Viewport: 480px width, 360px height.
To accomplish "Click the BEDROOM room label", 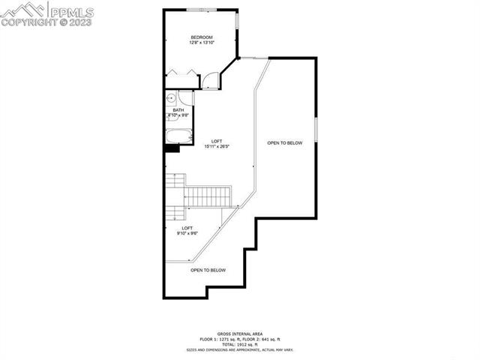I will coord(202,37).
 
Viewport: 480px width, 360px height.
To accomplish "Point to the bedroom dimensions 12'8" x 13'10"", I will coord(202,43).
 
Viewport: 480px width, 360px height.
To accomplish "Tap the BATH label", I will coord(178,110).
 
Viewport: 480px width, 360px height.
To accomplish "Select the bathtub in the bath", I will coord(178,136).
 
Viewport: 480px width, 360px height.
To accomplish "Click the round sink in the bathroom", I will coord(172,97).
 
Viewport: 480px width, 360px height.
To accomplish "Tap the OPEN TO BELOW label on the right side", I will coord(285,142).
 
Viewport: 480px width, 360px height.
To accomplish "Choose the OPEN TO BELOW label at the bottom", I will coord(208,270).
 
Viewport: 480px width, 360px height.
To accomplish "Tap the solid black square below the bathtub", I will coord(172,148).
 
